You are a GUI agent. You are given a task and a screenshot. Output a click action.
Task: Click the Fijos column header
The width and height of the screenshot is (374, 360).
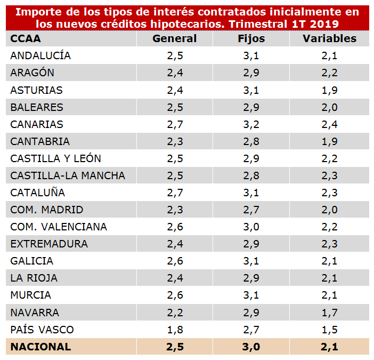[x=251, y=38]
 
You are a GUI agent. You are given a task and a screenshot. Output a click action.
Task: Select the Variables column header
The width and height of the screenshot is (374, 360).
[x=329, y=38]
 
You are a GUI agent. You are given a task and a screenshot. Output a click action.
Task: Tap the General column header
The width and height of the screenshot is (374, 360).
[x=174, y=38]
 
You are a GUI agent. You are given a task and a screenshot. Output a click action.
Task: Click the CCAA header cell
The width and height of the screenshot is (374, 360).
[x=26, y=38]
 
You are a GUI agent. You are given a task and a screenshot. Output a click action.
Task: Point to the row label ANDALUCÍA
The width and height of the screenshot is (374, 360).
[x=40, y=55]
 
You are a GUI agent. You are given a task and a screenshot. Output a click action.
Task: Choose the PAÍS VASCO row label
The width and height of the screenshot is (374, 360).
[x=42, y=329]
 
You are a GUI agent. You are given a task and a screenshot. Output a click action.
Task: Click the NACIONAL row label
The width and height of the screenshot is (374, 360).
[x=40, y=347]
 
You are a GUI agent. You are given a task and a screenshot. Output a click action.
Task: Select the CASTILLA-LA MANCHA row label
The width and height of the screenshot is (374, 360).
[x=68, y=175]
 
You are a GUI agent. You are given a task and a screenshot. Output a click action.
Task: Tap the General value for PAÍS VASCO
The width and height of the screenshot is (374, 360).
[x=174, y=329]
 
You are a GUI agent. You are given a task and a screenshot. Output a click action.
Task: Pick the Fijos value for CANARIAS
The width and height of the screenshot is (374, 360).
[x=251, y=124]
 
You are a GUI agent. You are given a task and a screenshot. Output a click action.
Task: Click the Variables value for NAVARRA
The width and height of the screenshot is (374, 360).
[x=329, y=312]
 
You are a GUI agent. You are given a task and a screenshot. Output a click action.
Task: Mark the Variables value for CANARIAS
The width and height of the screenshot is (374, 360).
[x=329, y=124]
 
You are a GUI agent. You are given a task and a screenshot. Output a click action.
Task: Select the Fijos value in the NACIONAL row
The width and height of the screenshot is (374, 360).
[x=251, y=347]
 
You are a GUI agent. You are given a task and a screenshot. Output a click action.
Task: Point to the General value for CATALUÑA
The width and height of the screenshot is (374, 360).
[x=174, y=193]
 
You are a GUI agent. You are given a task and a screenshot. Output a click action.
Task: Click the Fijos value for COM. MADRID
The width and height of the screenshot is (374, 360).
[x=251, y=210]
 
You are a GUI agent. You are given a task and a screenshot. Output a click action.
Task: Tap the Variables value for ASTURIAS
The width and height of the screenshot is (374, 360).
[x=329, y=90]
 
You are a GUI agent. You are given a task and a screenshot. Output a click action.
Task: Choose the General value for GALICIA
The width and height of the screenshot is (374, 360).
[x=174, y=261]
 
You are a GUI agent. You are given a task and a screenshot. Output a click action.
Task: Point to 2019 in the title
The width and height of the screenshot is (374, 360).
[x=326, y=23]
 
